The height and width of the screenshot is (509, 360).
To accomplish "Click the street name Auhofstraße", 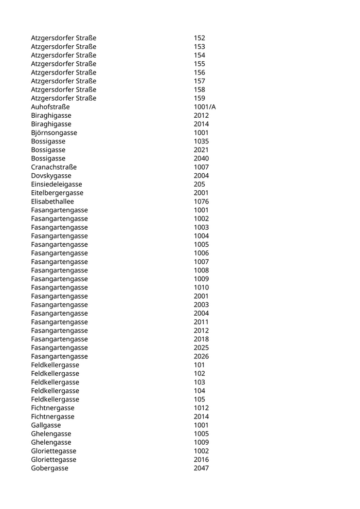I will (50, 107).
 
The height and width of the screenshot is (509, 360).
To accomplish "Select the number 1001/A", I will (205, 107).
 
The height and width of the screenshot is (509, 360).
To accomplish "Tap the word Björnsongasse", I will (54, 133).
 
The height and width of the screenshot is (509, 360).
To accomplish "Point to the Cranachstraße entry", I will (54, 167).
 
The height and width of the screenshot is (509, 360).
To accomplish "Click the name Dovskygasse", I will (51, 176).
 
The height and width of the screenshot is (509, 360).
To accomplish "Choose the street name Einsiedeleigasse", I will (57, 184).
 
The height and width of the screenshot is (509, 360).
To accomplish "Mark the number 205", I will (200, 184).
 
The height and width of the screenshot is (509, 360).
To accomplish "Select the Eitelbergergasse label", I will (57, 193).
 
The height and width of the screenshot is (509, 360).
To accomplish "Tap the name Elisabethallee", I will (52, 202).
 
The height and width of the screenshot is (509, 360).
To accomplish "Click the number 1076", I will (202, 202).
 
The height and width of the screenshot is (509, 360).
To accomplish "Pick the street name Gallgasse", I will (46, 425).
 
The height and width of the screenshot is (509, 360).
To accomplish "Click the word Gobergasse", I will (49, 468).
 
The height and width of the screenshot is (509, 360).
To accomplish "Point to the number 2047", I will (202, 468).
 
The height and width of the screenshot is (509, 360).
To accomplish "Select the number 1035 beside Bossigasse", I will (202, 141).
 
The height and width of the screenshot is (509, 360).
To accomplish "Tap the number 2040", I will (202, 158).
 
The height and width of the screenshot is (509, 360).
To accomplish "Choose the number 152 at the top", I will (200, 38).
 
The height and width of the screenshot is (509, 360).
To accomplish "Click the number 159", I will (200, 98).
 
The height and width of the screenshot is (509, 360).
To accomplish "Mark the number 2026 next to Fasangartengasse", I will (202, 356).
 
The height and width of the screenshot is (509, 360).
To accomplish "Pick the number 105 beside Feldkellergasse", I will (200, 399).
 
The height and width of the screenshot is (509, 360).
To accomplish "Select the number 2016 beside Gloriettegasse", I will (202, 460).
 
